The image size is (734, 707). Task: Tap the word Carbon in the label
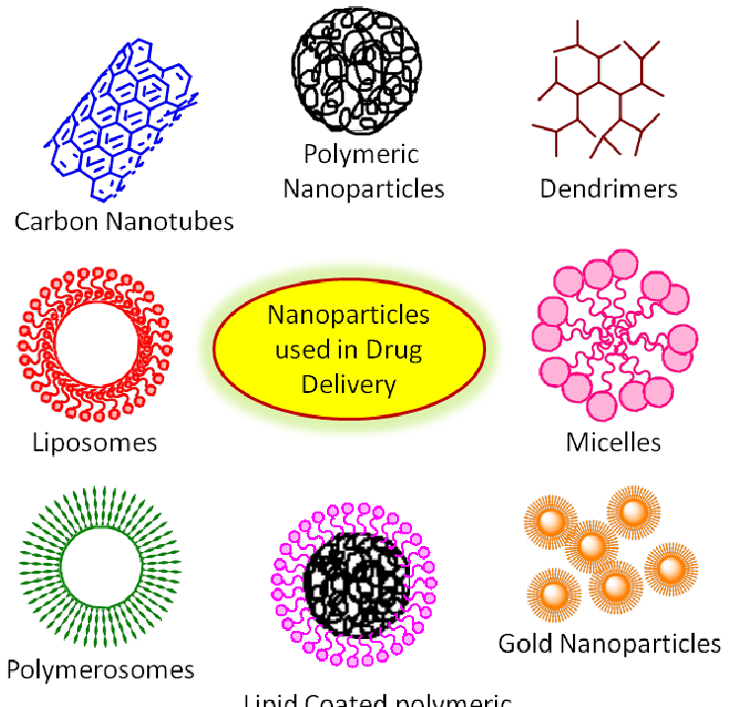(x=55, y=220)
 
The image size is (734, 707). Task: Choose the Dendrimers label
(x=609, y=189)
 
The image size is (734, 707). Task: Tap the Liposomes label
(x=94, y=441)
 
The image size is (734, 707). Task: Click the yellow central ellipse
(x=350, y=349)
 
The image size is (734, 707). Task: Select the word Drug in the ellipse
(x=397, y=350)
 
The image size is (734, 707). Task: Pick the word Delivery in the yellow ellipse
(x=350, y=383)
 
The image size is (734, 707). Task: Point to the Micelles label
(x=612, y=441)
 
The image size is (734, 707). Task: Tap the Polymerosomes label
(x=100, y=670)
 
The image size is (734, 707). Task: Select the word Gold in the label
(x=526, y=645)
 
